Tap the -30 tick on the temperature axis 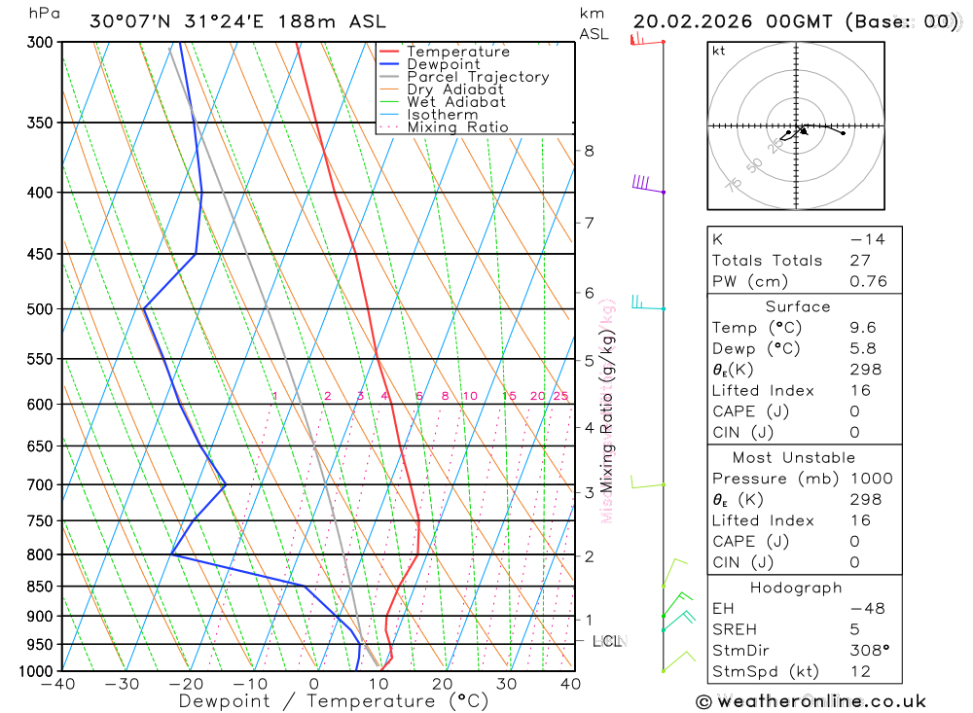point(123,684)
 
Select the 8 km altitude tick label point(589,151)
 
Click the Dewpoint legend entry point(443,64)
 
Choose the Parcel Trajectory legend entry point(477,77)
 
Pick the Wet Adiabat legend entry point(455,102)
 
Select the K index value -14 point(863,239)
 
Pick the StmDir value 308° point(866,651)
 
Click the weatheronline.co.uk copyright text point(811,701)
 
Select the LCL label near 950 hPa point(609,641)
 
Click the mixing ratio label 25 point(560,396)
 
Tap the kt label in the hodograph point(718,51)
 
